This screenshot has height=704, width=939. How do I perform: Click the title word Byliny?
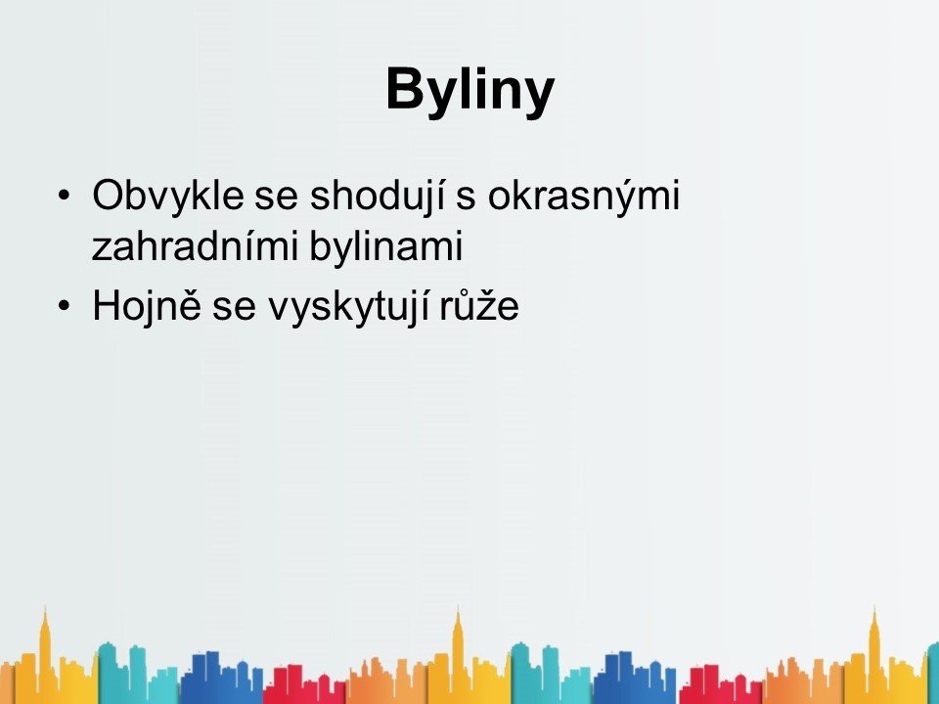(470, 91)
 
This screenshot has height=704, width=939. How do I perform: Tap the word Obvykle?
(168, 197)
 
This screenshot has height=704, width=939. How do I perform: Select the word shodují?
(378, 197)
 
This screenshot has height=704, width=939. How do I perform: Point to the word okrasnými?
(584, 197)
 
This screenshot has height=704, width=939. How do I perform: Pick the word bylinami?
(386, 246)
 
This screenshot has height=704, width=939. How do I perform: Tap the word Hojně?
(146, 305)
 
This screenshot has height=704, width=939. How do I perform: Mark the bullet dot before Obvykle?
(65, 196)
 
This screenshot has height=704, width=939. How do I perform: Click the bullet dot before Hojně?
(65, 306)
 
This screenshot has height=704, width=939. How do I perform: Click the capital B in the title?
(407, 88)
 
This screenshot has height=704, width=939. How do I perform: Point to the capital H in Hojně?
(107, 305)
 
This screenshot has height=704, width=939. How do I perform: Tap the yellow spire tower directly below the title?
(458, 652)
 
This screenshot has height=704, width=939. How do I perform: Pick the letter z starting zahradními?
(102, 250)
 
